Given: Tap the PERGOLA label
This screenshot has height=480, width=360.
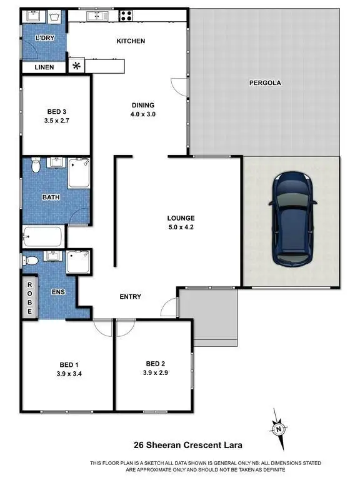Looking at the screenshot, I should click(x=263, y=82).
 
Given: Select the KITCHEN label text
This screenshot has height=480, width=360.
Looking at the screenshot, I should click(x=131, y=41).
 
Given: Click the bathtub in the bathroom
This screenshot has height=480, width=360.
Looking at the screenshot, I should click(x=43, y=237).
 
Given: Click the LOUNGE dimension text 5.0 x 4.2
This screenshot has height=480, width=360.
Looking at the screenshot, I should click(x=181, y=227).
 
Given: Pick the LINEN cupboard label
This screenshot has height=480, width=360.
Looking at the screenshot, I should click(x=44, y=67).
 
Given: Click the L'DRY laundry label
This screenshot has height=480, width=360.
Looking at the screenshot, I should click(x=45, y=39).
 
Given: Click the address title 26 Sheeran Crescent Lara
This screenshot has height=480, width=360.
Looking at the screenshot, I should click(x=179, y=446).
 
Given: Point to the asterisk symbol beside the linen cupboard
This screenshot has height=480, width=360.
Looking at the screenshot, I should click(x=77, y=66).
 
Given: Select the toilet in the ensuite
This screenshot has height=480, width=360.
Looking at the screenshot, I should click(x=32, y=258).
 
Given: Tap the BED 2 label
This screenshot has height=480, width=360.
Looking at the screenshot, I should click(x=155, y=364).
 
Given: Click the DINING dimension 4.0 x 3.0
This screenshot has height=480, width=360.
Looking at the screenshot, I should click(x=142, y=114).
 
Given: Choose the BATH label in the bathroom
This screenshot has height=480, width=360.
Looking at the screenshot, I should click(x=51, y=197).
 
